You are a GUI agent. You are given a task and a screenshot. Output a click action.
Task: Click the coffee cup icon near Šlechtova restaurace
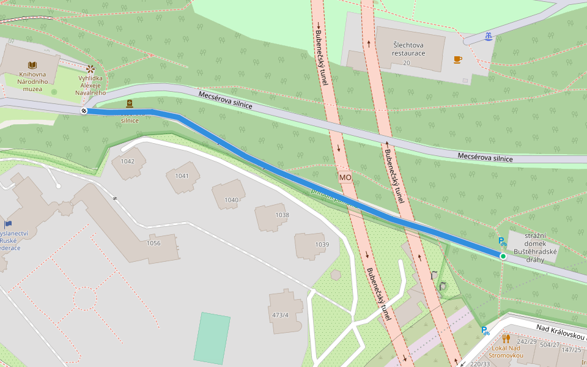[457, 59]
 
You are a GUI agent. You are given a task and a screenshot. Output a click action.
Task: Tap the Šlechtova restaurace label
[409, 48]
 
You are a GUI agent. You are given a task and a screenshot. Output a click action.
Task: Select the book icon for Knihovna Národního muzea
[31, 64]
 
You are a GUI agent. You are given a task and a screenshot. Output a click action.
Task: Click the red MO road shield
[345, 177]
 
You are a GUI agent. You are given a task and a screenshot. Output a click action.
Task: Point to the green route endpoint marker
[503, 256]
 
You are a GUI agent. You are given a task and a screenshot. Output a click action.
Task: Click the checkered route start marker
[83, 111]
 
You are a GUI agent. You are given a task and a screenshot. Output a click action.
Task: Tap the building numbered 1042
[128, 161]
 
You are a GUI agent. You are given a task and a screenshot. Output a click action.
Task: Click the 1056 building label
[153, 243]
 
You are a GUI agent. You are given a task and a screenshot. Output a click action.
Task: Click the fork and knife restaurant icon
[506, 338]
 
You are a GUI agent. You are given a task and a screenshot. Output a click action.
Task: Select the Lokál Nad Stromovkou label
[507, 351]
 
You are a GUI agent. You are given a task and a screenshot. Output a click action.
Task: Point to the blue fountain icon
[488, 37]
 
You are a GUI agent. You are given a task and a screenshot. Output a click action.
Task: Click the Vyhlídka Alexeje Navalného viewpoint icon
[90, 69]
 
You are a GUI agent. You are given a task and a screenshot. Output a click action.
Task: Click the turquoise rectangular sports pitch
[212, 338]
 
